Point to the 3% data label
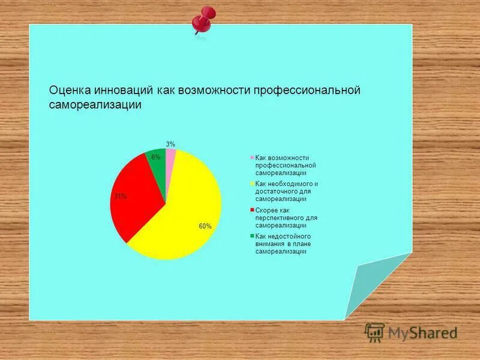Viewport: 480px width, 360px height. click(x=170, y=144)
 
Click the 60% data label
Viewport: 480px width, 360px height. click(x=205, y=226)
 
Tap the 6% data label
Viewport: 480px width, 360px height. click(x=155, y=157)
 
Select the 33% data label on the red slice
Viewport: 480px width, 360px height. click(x=121, y=196)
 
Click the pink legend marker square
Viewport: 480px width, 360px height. click(x=252, y=157)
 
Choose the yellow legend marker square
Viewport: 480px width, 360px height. click(x=252, y=184)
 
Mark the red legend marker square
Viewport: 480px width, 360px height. click(x=252, y=210)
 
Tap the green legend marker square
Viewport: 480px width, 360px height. click(x=252, y=236)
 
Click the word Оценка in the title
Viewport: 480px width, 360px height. click(x=70, y=91)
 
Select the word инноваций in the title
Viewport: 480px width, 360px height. click(x=124, y=91)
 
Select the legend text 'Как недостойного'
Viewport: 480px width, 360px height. click(x=283, y=236)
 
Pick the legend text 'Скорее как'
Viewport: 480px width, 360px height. click(x=273, y=210)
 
